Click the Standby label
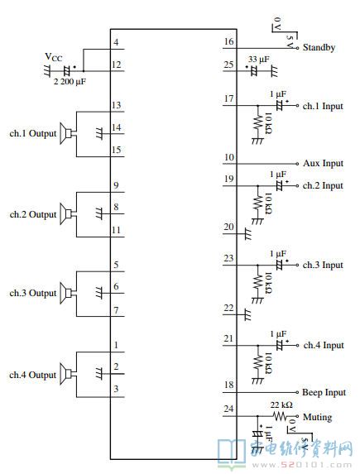[x=319, y=47]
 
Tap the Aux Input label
[x=323, y=163]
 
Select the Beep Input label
[x=324, y=392]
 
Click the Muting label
[x=317, y=417]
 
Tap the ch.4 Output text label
[x=32, y=375]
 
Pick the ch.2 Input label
[x=323, y=185]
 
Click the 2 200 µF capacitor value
[x=70, y=82]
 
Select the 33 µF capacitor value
[x=259, y=60]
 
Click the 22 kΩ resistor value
[x=281, y=405]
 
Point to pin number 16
[x=229, y=41]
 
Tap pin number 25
[x=229, y=65]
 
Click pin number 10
[x=229, y=157]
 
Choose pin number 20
[x=229, y=227]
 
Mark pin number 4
[x=116, y=42]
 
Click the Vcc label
[x=54, y=57]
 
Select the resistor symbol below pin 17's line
[x=257, y=122]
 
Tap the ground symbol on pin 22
[x=247, y=314]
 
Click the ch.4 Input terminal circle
[x=297, y=345]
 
